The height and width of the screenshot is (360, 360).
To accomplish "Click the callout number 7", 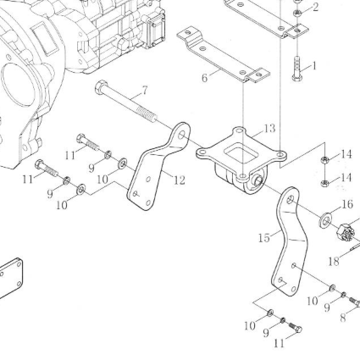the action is [x=144, y=91].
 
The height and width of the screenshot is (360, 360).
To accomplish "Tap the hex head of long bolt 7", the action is [x=101, y=87].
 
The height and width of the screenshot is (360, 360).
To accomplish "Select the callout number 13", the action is [x=270, y=129].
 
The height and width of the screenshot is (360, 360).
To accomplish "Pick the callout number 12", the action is [x=179, y=180].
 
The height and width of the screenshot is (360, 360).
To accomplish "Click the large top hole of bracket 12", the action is [x=182, y=135].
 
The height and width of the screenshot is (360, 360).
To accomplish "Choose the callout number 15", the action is [x=264, y=238].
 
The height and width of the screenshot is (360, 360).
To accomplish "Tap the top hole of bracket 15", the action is [x=291, y=200].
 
